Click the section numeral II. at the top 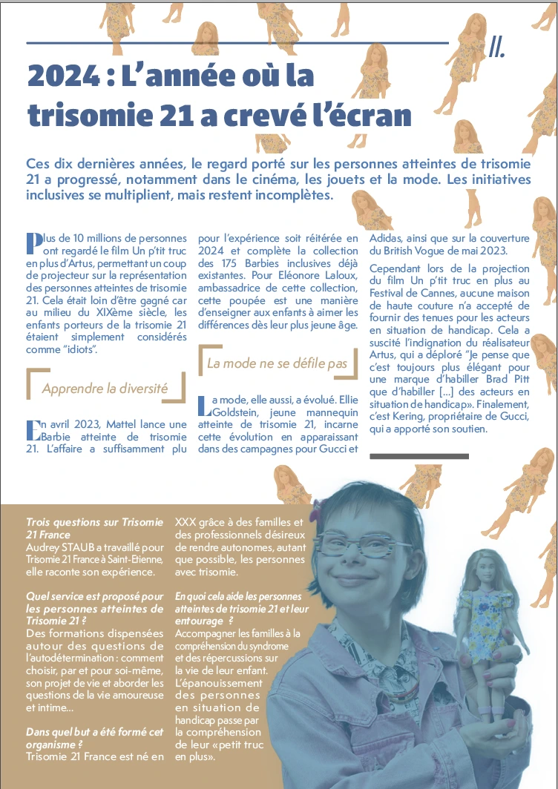click(497, 47)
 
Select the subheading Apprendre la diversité click(105, 388)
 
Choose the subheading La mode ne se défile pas click(277, 363)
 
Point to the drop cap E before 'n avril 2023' click(33, 429)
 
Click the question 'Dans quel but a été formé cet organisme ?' click(94, 739)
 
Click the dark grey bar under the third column click(418, 455)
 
